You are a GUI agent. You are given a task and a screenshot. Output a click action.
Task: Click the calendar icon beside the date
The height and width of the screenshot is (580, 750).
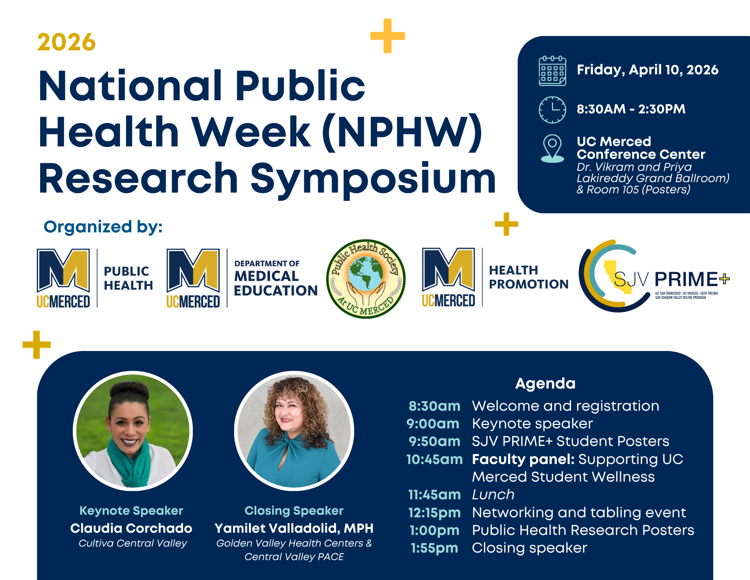click(x=552, y=71)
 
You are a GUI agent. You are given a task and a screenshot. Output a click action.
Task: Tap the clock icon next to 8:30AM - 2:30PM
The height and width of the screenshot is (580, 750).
click(x=552, y=110)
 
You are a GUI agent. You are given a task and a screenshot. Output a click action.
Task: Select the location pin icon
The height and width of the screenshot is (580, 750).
click(x=552, y=149)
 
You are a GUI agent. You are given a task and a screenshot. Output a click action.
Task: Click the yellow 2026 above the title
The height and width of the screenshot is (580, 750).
click(x=66, y=42)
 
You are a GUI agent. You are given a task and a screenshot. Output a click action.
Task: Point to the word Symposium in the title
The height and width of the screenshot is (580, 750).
click(x=373, y=179)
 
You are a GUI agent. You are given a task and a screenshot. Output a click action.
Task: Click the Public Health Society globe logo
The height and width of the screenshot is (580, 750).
click(x=366, y=279)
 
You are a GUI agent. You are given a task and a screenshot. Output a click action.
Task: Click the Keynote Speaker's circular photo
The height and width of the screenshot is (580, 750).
click(x=133, y=431)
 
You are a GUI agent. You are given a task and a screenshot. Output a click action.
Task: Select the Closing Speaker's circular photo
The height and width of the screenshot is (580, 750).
click(x=294, y=431)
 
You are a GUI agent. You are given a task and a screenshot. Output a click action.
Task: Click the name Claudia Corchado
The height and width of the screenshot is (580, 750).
click(x=131, y=528)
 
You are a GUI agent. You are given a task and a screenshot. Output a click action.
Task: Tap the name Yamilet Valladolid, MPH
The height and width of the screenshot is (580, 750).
click(x=294, y=528)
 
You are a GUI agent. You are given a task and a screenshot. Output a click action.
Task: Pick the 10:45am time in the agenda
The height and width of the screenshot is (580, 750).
click(x=434, y=459)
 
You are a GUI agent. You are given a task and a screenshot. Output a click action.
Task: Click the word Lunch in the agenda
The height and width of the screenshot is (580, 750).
click(x=493, y=494)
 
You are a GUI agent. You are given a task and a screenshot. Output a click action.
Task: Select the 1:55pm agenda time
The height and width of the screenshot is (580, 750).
click(x=434, y=548)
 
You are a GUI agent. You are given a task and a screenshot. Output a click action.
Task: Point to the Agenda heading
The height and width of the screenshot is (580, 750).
click(x=545, y=384)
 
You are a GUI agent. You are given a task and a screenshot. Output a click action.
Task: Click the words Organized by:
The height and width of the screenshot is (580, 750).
click(x=103, y=227)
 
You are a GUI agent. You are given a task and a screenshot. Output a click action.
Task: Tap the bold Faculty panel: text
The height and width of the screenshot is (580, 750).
click(x=523, y=459)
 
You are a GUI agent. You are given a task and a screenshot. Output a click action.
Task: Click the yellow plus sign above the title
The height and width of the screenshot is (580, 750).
click(x=388, y=36)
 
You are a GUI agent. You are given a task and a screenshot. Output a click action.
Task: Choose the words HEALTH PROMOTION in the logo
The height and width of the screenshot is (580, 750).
click(x=529, y=277)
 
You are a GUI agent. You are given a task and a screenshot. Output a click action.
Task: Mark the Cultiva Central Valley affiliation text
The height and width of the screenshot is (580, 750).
click(x=133, y=543)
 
